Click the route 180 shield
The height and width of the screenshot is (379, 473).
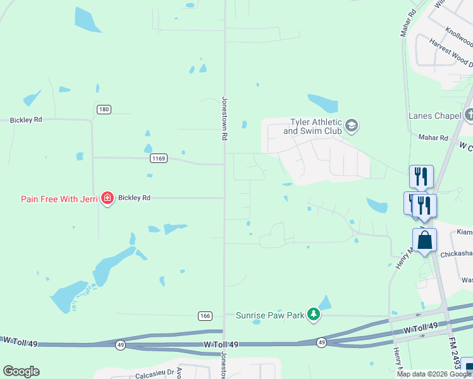[x=104, y=110]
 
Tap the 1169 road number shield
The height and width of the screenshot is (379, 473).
[x=159, y=159]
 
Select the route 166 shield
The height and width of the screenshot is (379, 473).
[x=204, y=315]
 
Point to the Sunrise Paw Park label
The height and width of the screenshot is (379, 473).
[x=270, y=315]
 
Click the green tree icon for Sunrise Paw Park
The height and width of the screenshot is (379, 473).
[x=313, y=315]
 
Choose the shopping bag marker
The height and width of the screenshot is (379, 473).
[x=425, y=241]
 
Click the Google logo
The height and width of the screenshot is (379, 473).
[x=21, y=371]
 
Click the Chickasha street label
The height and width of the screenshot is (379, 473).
[x=457, y=253]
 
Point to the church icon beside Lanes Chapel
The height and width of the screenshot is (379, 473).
[x=469, y=115]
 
